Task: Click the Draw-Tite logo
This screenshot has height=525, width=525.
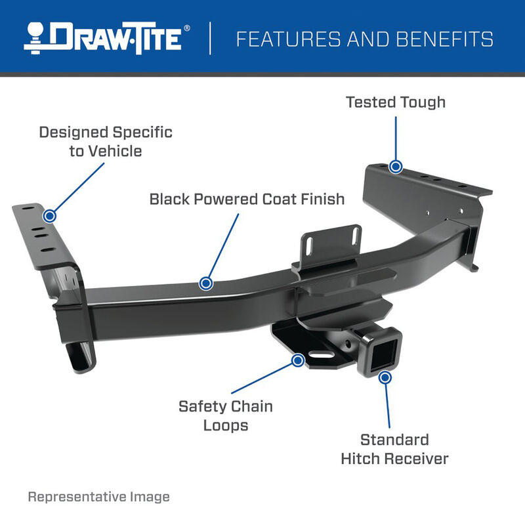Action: (108, 37)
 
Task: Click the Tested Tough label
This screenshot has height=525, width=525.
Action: (395, 102)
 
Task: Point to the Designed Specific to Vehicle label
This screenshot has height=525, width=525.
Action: (105, 141)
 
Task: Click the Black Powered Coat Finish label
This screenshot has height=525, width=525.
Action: (247, 198)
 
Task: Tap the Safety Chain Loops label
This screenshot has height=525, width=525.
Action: (226, 415)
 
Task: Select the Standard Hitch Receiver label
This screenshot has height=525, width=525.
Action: (394, 449)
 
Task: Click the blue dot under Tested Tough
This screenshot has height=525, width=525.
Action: (395, 167)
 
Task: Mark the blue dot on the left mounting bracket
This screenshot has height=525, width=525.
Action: (49, 215)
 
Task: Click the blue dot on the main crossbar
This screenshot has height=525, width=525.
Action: (206, 283)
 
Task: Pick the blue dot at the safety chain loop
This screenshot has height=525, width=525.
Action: (298, 360)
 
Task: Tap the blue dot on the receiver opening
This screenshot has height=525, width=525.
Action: (385, 377)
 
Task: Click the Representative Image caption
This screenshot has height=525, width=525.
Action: (98, 497)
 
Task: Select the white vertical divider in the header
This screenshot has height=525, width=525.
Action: (211, 38)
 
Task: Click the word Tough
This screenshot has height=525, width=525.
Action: (423, 102)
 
